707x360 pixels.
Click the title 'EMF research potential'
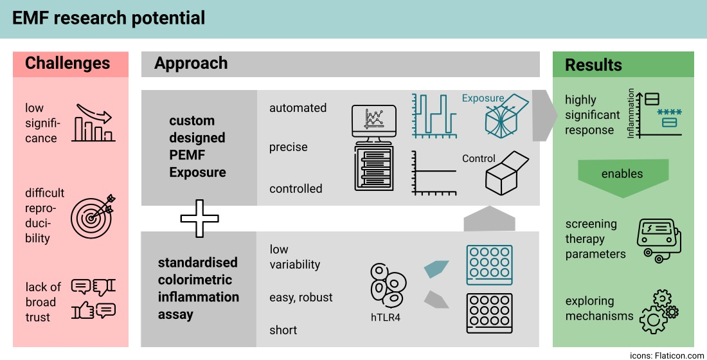pyautogui.click(x=109, y=18)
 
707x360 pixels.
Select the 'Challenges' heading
pyautogui.click(x=67, y=64)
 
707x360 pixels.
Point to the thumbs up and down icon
pyautogui.click(x=94, y=299)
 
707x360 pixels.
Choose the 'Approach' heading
pyautogui.click(x=191, y=63)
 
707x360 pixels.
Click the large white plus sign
pyautogui.click(x=199, y=219)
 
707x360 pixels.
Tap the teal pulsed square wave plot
pyautogui.click(x=434, y=115)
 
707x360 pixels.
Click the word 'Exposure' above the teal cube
pyautogui.click(x=483, y=98)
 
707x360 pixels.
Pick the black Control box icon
pyautogui.click(x=506, y=174)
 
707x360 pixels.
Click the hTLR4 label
pyautogui.click(x=386, y=317)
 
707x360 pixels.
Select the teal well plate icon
pyautogui.click(x=489, y=264)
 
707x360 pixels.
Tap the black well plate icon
pyautogui.click(x=489, y=313)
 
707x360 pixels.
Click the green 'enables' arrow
pyautogui.click(x=623, y=174)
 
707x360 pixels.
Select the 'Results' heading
pyautogui.click(x=593, y=65)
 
